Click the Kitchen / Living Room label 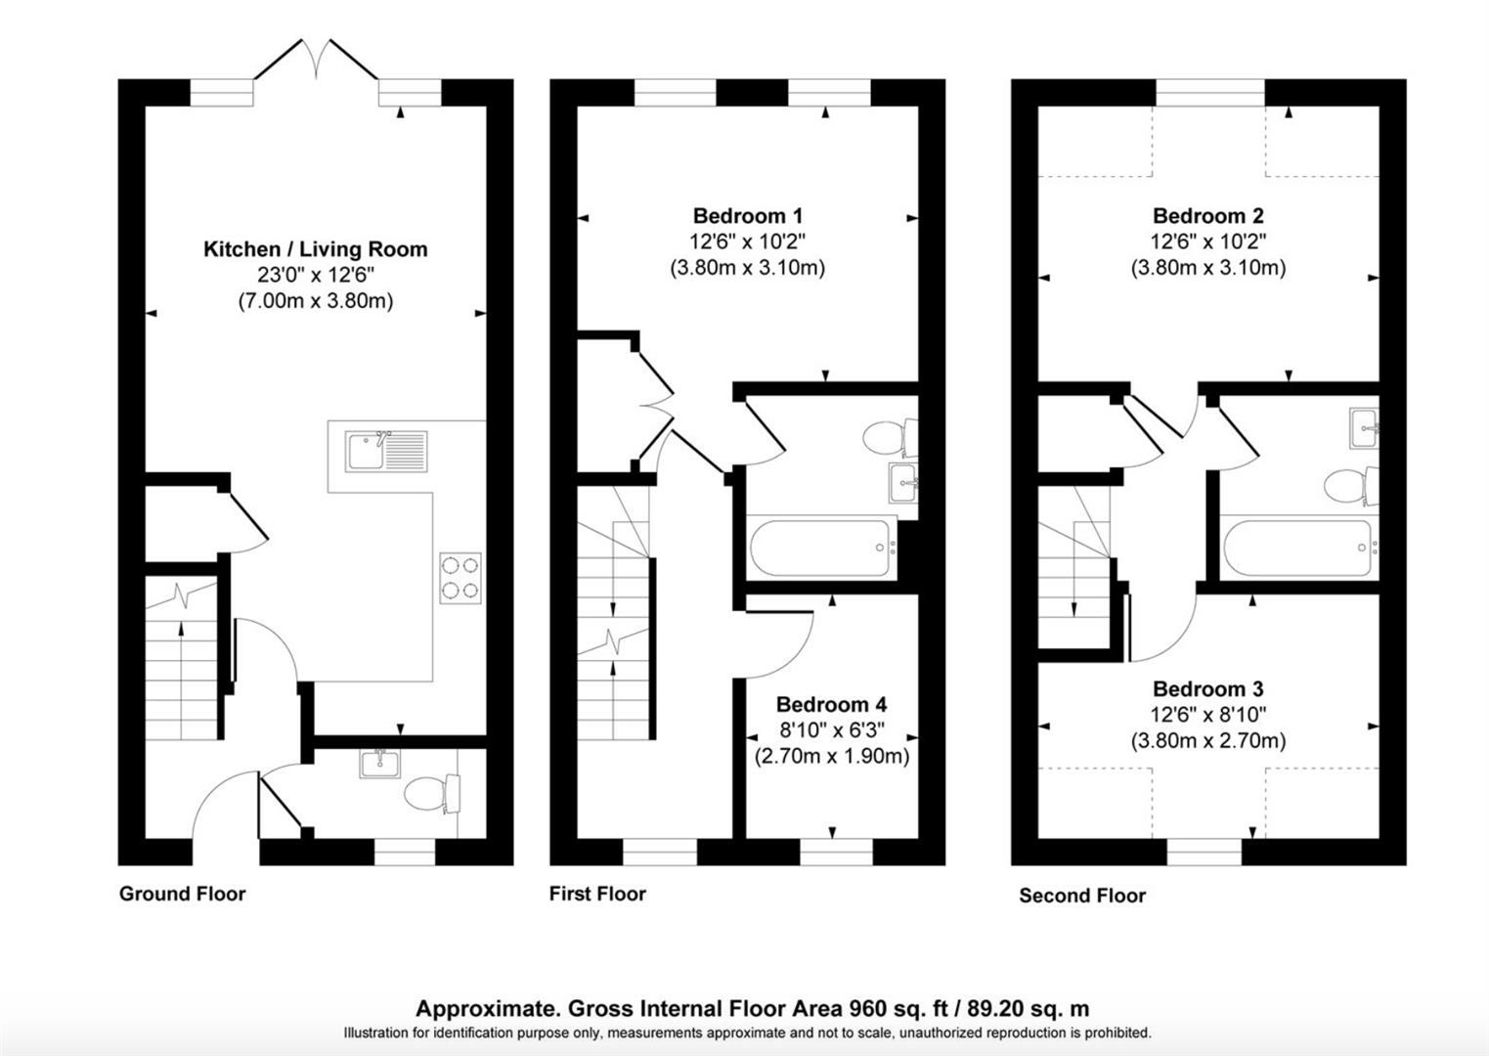point(315,249)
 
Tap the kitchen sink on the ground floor point(385,452)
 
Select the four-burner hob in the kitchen point(460,578)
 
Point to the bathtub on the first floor point(820,548)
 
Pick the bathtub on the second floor point(1299,548)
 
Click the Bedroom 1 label point(748,216)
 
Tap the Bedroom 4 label point(832,704)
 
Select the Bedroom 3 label point(1207,688)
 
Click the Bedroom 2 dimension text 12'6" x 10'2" point(1207,242)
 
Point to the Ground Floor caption point(182,893)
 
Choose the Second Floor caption point(1082,896)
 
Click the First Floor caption point(597,893)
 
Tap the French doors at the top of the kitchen point(317,66)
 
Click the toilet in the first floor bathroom point(890,438)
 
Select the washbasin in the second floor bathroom point(1364,428)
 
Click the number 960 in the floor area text point(867,1009)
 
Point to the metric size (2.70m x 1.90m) point(832,756)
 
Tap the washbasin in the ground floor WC point(379,764)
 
